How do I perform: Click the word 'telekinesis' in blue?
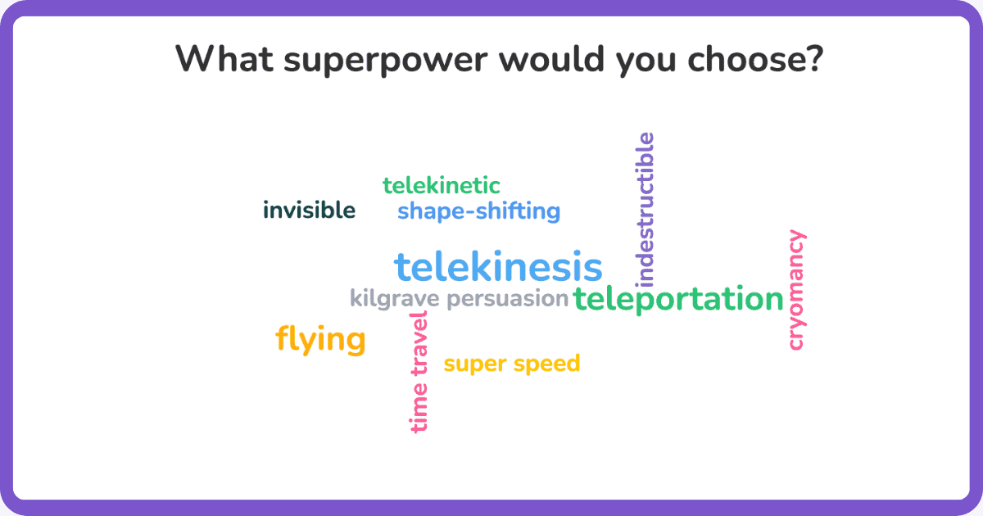498,266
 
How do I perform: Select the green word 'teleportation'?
678,299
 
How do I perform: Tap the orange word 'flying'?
320,340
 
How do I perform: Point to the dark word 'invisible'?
309,210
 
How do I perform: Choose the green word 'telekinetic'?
441,185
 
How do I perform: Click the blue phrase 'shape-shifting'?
478,211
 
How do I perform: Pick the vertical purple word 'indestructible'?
645,210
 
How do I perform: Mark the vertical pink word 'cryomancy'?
796,290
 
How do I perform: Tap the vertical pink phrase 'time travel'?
419,372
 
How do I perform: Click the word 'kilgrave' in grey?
395,299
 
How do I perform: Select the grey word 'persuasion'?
508,299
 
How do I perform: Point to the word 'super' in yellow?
475,364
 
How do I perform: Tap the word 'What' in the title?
224,58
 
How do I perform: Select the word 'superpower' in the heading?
386,61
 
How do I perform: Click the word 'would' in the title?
551,58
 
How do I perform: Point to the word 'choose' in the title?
748,58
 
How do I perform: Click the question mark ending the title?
816,58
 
